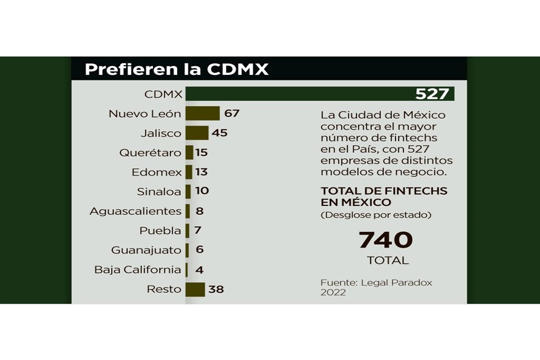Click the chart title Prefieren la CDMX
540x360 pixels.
tap(176, 69)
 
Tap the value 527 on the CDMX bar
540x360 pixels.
tap(432, 94)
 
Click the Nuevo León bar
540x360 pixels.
tap(202, 114)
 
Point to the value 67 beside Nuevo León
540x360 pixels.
tap(232, 114)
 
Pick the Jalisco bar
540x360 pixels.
tap(197, 133)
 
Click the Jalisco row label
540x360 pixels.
tap(161, 133)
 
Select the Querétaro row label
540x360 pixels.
tap(150, 152)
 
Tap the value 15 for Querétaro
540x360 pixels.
tap(202, 152)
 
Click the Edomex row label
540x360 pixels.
tap(156, 172)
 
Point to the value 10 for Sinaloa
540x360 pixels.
tap(202, 191)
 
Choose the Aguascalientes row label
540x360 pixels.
tap(135, 211)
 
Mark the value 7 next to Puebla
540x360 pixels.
tap(198, 231)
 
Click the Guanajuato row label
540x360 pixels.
tap(146, 250)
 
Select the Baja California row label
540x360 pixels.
tap(138, 270)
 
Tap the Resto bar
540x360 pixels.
tap(195, 289)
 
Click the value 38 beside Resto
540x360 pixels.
tap(216, 290)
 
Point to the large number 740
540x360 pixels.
tap(386, 240)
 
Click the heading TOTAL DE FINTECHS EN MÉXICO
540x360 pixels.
tap(384, 196)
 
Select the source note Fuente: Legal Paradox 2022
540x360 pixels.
tap(376, 287)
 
